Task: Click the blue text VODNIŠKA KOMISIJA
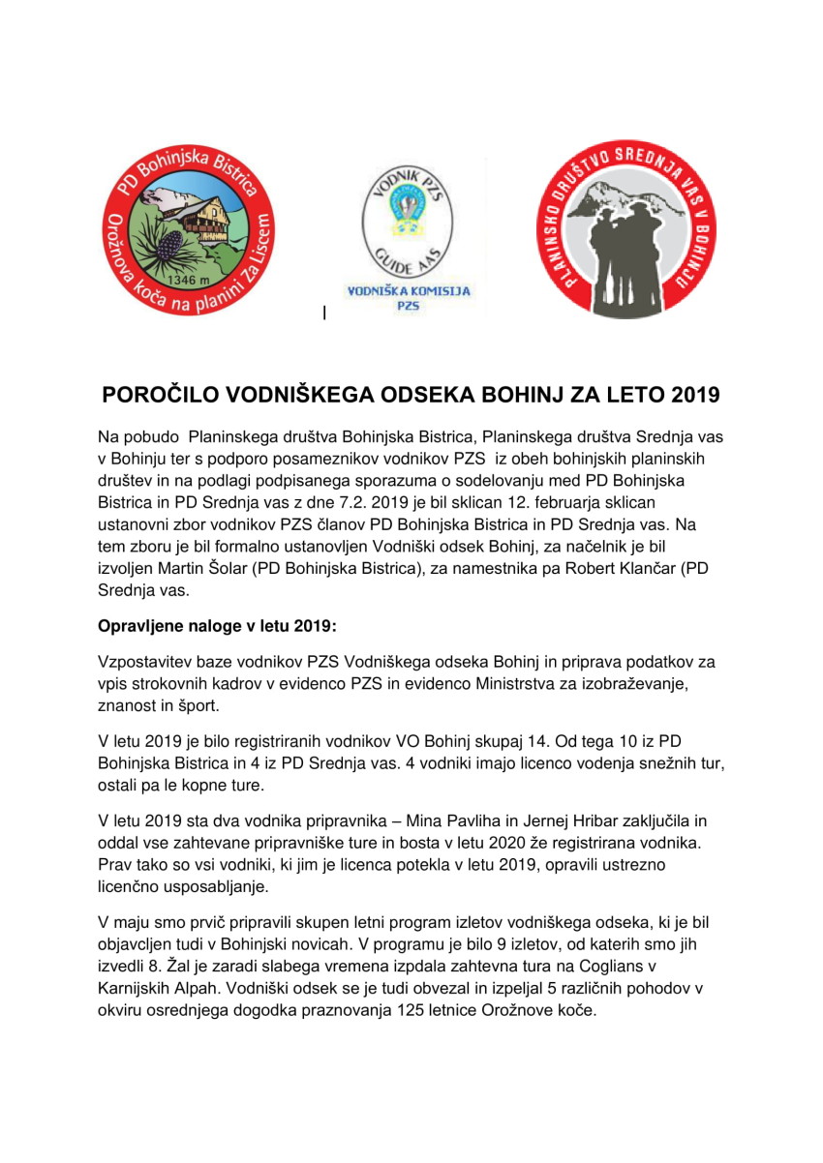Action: coord(408,290)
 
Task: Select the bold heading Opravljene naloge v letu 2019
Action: coord(218,626)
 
